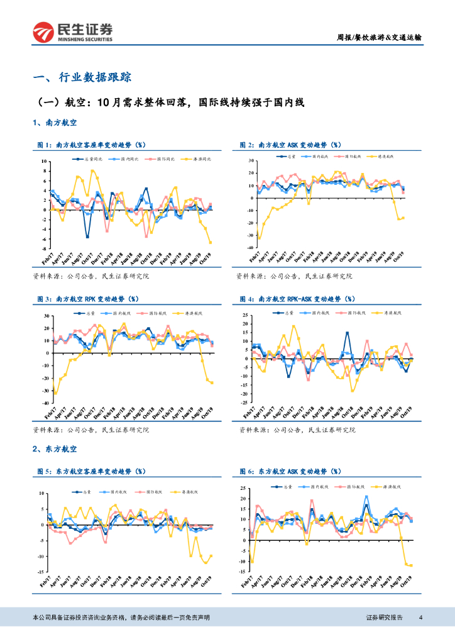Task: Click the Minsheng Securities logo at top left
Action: pos(73,31)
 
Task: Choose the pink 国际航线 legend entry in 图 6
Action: pos(356,487)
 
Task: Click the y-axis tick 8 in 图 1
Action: pos(45,171)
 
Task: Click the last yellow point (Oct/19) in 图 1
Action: pos(211,242)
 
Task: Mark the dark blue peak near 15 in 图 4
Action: pos(347,333)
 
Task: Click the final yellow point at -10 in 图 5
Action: pos(211,555)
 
